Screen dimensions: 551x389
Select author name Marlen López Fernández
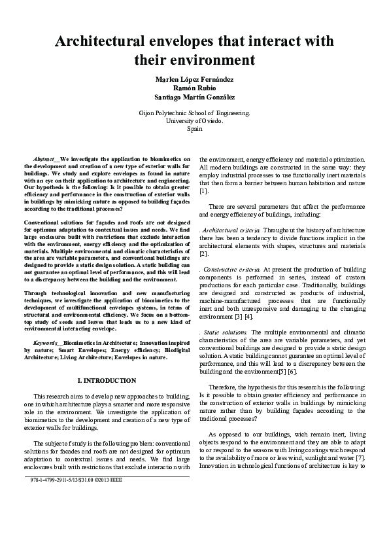(x=194, y=79)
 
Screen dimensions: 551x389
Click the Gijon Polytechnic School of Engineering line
(x=194, y=113)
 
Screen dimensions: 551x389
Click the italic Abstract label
(x=45, y=159)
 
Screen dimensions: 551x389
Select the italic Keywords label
(x=46, y=342)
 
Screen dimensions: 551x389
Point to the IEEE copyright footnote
(x=72, y=480)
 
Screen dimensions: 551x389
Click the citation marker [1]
(x=203, y=191)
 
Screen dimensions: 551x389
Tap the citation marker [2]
(x=203, y=254)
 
